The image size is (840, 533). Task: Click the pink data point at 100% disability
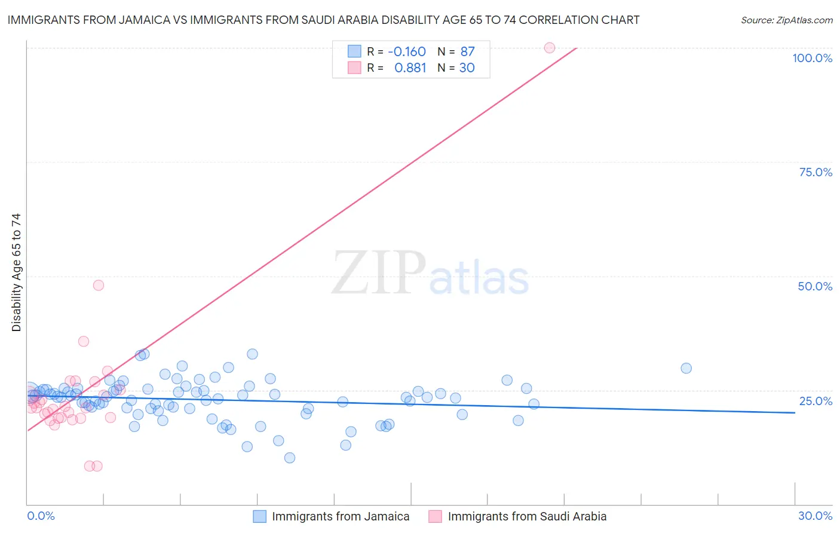(550, 48)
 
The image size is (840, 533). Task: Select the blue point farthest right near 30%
(686, 368)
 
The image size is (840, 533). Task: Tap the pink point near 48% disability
(99, 285)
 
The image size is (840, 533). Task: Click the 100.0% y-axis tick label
(812, 58)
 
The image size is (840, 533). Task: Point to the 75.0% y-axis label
(816, 172)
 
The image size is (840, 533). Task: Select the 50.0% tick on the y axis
(815, 286)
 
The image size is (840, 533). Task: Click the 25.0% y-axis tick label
(816, 401)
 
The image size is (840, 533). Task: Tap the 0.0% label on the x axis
(41, 516)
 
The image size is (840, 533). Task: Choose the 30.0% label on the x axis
(815, 516)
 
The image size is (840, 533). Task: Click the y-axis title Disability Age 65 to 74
(16, 272)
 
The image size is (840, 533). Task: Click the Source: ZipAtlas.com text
(786, 20)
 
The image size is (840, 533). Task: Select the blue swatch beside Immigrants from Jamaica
(259, 516)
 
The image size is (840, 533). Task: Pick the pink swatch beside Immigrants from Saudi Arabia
(435, 516)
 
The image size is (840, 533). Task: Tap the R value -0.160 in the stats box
(407, 52)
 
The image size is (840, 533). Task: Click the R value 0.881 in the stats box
(410, 68)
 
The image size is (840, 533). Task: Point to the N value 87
(467, 52)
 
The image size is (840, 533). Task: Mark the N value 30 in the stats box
(467, 68)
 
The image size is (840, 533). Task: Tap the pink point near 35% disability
(84, 341)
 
